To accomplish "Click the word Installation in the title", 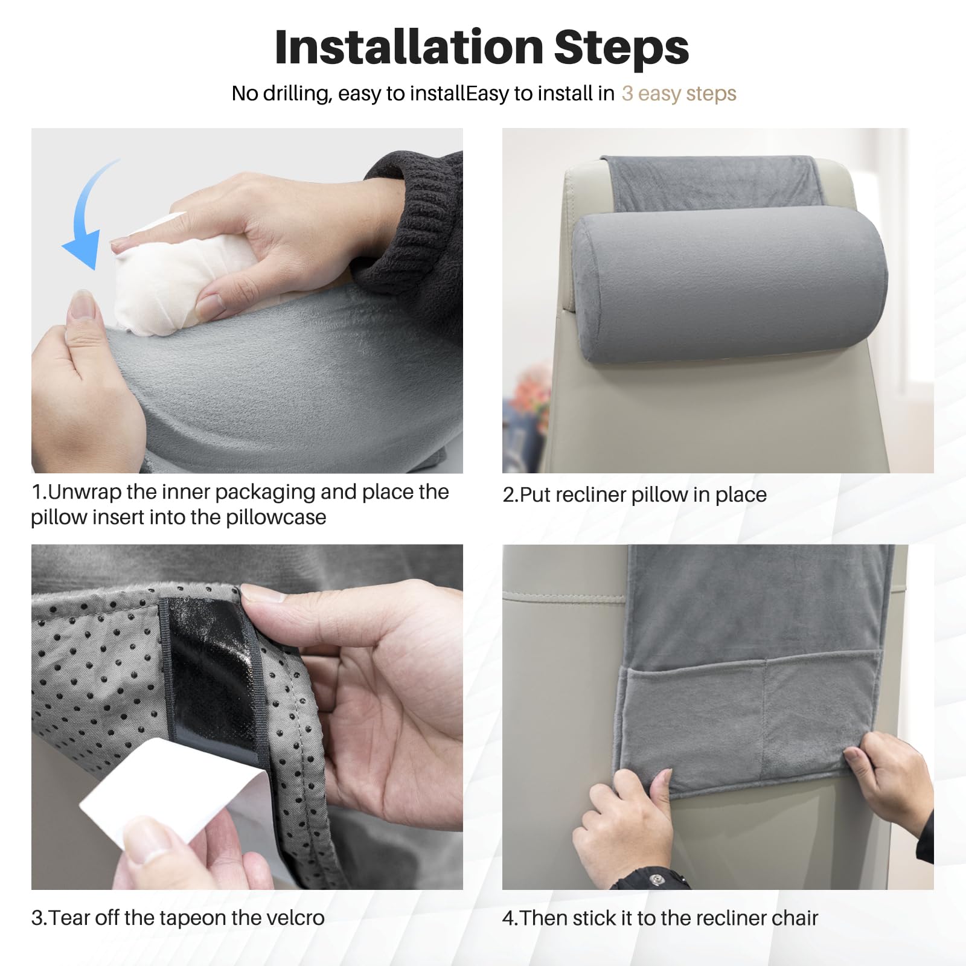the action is [x=409, y=47].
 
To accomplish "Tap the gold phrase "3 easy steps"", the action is [x=679, y=94].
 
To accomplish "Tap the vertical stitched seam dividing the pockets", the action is [x=765, y=712].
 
